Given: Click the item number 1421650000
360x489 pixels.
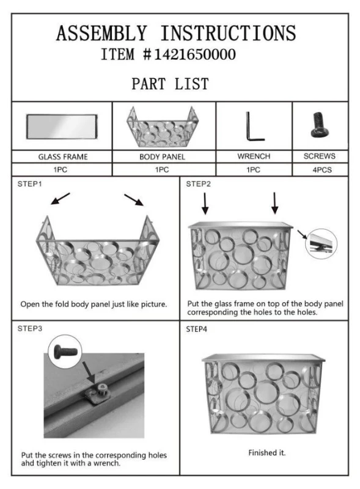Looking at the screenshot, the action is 195,54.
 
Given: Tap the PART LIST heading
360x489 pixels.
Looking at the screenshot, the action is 170,84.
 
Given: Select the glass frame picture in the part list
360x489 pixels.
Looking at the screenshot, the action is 62,127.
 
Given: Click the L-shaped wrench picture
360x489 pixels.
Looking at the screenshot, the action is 255,127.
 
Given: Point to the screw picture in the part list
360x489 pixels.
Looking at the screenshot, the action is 320,125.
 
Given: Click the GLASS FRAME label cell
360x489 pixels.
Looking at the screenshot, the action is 62,156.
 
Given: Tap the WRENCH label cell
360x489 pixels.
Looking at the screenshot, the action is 254,156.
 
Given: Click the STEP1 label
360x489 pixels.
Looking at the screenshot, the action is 29,184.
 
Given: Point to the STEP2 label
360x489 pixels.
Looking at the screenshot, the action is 199,184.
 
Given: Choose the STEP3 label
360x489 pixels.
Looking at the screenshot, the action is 29,328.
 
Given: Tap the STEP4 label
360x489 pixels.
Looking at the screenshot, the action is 197,329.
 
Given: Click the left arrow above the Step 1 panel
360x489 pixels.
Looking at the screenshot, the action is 61,199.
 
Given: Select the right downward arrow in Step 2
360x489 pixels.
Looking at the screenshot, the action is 274,204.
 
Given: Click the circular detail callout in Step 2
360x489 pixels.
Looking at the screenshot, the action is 321,243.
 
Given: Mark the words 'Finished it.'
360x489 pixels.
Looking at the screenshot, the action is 267,452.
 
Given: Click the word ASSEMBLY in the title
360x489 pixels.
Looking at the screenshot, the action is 101,34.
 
